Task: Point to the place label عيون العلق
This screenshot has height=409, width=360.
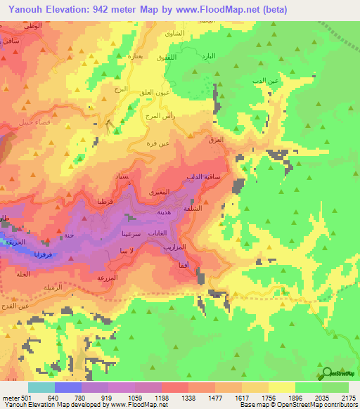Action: (150, 92)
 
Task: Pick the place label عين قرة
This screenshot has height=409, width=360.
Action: (158, 144)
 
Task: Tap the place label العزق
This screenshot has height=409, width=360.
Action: (216, 140)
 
